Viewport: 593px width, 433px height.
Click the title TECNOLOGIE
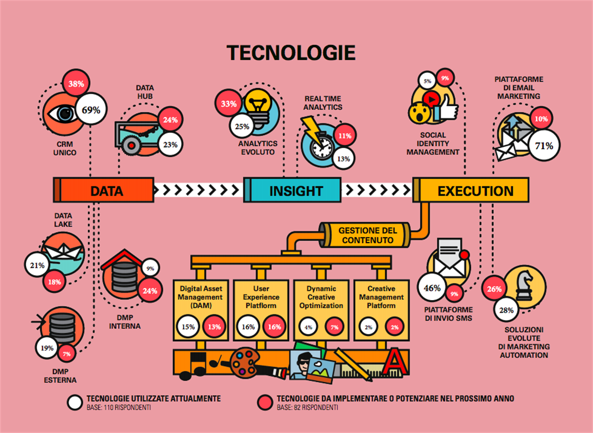[x=291, y=52]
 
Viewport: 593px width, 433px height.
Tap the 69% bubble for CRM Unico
[x=91, y=110]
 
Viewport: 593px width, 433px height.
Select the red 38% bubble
[x=76, y=84]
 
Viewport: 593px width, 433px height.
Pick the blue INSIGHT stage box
[x=296, y=190]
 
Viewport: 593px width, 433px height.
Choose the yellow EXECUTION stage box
[x=474, y=190]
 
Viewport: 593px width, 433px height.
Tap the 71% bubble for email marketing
[x=544, y=146]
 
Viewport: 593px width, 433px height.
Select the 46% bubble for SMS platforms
[x=432, y=288]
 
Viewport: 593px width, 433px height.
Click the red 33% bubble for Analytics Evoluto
[x=228, y=104]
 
